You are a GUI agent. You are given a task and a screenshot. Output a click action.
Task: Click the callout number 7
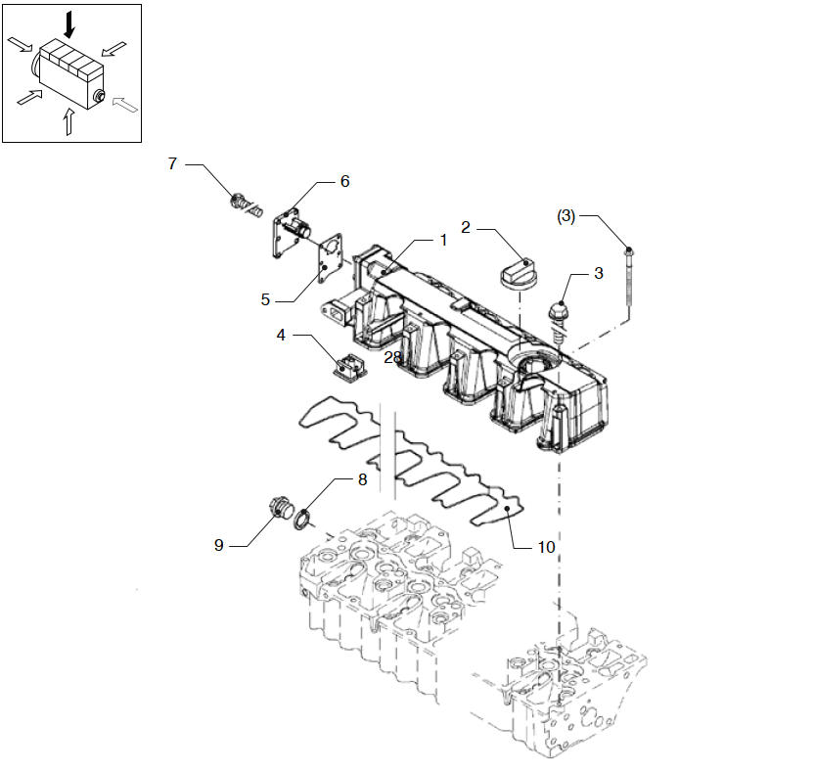pyautogui.click(x=172, y=163)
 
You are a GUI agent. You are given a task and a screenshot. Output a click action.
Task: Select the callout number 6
pyautogui.click(x=344, y=181)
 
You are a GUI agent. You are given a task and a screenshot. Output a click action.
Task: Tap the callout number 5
pyautogui.click(x=265, y=299)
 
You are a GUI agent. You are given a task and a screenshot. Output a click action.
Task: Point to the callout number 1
pyautogui.click(x=442, y=239)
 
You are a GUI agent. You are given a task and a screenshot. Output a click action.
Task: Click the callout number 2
pyautogui.click(x=466, y=228)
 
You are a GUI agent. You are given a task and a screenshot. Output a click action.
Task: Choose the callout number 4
pyautogui.click(x=281, y=335)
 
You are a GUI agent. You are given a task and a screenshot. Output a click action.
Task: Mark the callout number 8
pyautogui.click(x=361, y=479)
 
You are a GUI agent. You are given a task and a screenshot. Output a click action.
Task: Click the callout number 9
pyautogui.click(x=219, y=545)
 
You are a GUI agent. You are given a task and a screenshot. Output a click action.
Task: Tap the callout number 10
pyautogui.click(x=546, y=546)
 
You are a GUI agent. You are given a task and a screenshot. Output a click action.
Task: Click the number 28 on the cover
pyautogui.click(x=392, y=358)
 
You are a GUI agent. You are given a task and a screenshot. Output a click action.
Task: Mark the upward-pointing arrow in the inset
pyautogui.click(x=68, y=120)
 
